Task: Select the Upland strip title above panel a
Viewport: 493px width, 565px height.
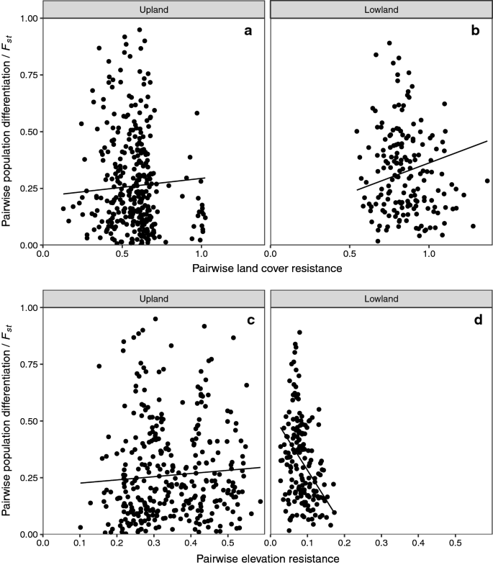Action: coord(154,9)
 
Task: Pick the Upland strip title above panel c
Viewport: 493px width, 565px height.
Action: coord(154,298)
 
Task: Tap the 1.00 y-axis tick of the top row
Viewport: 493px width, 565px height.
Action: coord(27,18)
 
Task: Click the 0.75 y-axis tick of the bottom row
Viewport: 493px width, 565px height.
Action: coord(27,364)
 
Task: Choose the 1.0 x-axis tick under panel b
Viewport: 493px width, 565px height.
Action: coord(430,254)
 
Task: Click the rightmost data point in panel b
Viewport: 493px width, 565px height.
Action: coord(487,181)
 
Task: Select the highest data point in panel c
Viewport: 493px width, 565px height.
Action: coord(155,319)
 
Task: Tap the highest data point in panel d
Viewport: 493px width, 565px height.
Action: coord(299,333)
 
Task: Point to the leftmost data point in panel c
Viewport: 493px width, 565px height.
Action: coord(81,528)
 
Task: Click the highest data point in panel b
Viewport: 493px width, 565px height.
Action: coord(389,43)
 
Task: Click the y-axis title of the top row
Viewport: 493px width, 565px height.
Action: coord(9,132)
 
